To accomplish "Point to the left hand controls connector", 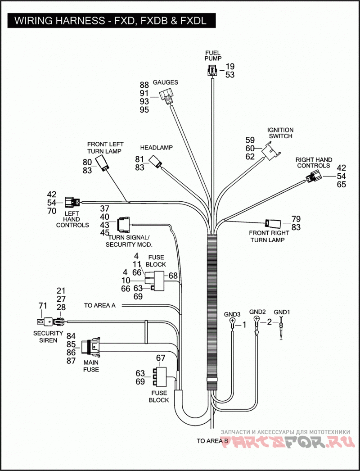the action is pos(72,203).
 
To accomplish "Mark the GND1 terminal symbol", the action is pos(281,328).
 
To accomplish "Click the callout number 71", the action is pos(43,306).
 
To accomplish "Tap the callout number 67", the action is pos(161,358).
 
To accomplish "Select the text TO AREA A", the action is pos(100,305).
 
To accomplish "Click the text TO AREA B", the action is pos(212,441).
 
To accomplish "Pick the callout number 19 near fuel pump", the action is pos(230,66).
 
